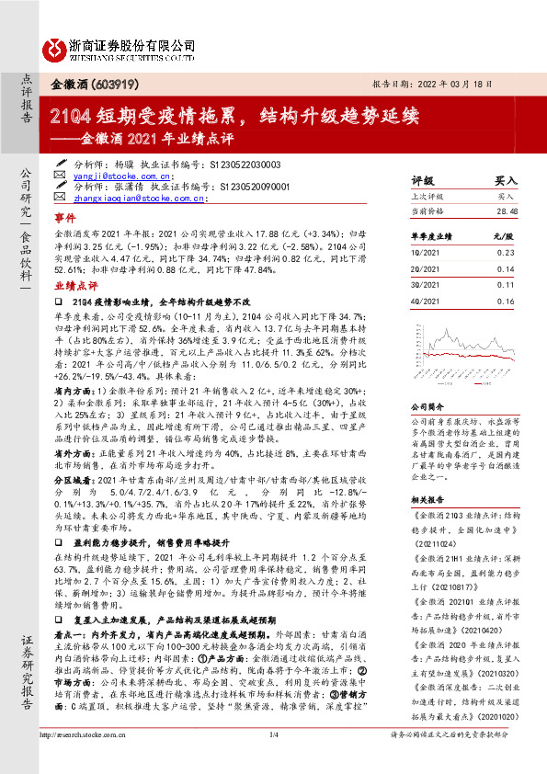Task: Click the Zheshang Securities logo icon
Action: coord(54,48)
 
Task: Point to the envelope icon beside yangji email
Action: coord(61,175)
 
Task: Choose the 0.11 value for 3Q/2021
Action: coord(505,286)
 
